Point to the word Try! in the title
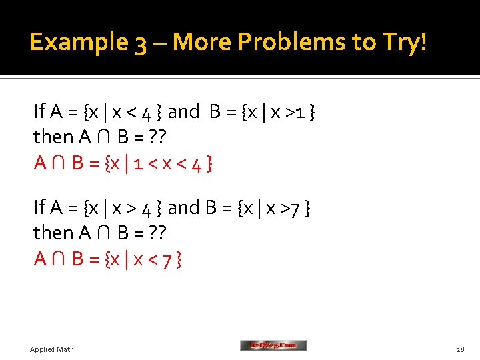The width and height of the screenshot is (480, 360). tap(402, 43)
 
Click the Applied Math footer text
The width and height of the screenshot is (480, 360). tap(52, 349)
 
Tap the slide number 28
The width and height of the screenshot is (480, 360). tap(460, 349)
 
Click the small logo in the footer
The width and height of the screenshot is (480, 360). tap(273, 345)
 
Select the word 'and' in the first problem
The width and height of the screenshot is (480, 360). tap(183, 111)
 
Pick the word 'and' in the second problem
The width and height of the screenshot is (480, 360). tap(183, 207)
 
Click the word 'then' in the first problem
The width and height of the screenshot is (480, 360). tap(53, 137)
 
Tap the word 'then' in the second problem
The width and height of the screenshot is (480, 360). tap(53, 233)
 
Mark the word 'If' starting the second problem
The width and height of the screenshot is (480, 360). tap(39, 207)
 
